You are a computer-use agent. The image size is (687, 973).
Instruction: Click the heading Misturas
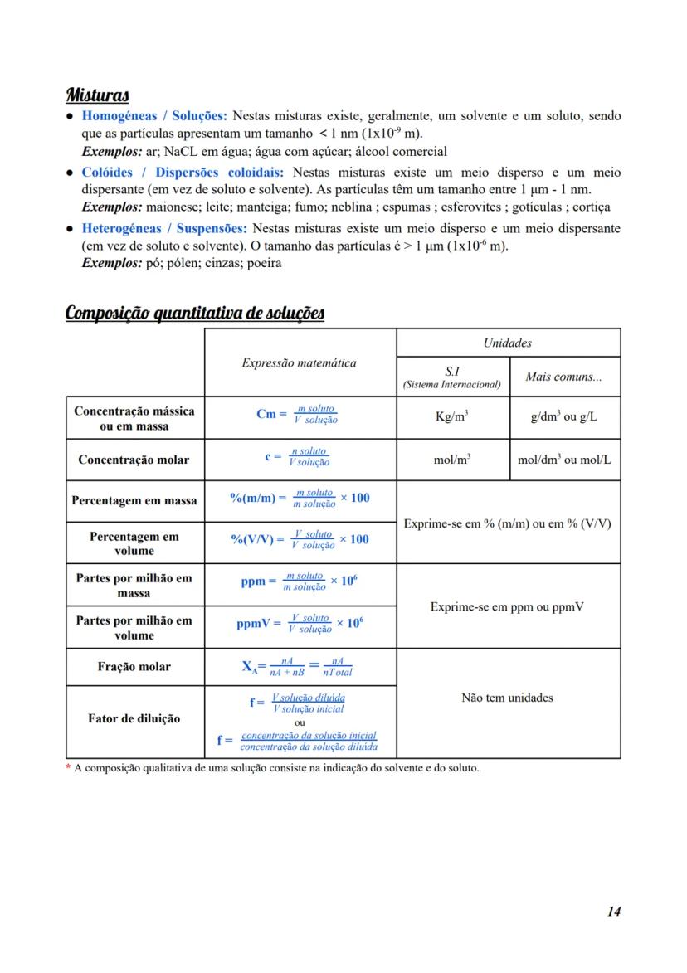tap(97, 95)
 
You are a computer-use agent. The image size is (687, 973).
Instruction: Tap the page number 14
tap(613, 912)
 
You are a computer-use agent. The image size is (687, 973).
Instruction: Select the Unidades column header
tap(508, 343)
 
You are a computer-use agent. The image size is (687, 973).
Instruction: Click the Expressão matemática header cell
tap(300, 362)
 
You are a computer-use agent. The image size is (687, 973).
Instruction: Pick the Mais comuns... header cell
tap(564, 377)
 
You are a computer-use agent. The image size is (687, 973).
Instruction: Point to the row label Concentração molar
tap(134, 460)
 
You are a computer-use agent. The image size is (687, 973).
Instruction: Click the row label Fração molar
tap(134, 667)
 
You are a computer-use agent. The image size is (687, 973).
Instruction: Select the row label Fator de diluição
tap(134, 718)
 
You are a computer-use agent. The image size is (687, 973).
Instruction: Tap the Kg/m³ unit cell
tap(452, 417)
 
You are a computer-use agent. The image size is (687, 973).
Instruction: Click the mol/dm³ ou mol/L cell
tap(564, 460)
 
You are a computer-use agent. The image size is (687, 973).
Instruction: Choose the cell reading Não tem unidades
tap(507, 698)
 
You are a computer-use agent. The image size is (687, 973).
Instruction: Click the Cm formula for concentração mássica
tap(297, 414)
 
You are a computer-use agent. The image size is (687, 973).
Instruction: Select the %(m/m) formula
tap(300, 498)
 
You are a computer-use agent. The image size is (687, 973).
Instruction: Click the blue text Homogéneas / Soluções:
tap(153, 116)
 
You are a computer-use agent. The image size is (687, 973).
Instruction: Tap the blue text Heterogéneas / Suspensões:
tap(163, 228)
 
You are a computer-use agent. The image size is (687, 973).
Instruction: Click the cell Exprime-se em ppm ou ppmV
tap(507, 606)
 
